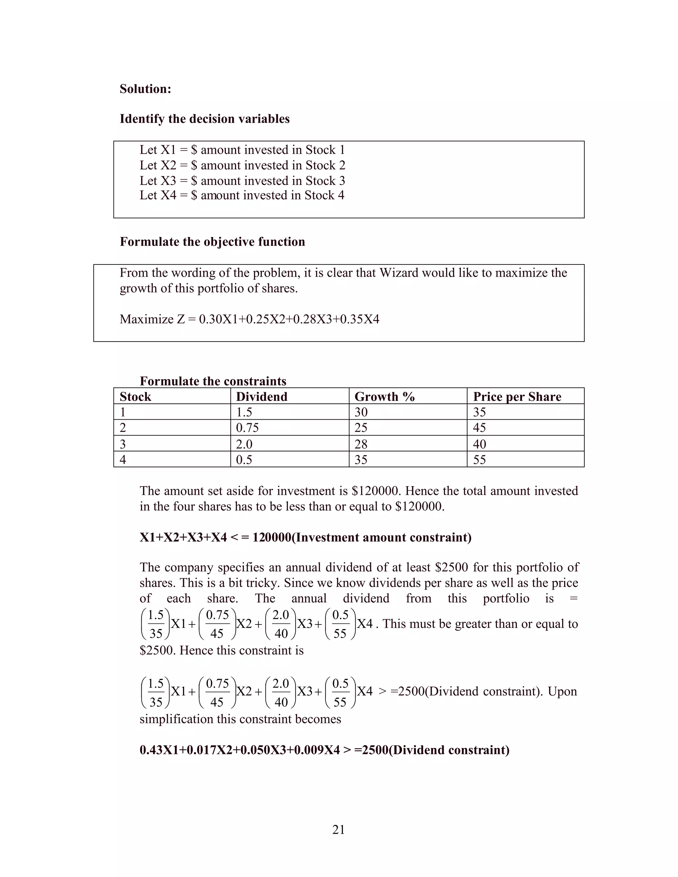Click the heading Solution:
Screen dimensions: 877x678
click(x=145, y=89)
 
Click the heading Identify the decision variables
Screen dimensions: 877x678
click(x=205, y=119)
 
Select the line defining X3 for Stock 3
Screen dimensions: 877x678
click(x=242, y=181)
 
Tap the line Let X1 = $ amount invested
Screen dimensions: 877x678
click(x=242, y=150)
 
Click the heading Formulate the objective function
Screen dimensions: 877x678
click(x=212, y=242)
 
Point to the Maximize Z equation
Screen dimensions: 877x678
click(x=249, y=319)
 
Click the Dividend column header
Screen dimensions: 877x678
click(x=262, y=396)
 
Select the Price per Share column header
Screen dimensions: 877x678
click(x=516, y=396)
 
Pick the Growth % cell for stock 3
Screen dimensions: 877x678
click(x=361, y=444)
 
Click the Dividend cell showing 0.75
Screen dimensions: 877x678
click(x=247, y=428)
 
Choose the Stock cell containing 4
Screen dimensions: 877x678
click(x=123, y=459)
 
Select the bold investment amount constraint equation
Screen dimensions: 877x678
click(x=305, y=537)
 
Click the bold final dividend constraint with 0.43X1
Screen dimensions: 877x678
click(x=324, y=750)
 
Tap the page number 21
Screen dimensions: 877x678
click(x=338, y=829)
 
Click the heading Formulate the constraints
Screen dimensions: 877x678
click(x=213, y=381)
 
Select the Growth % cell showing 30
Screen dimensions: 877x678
click(x=361, y=412)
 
